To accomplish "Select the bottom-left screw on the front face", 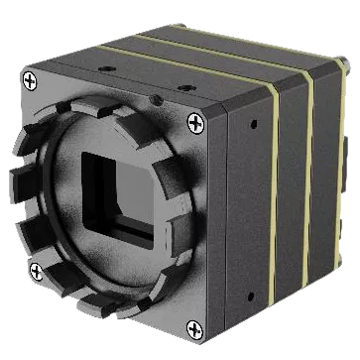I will tap(37, 270).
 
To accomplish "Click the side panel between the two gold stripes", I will tap(290, 188).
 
